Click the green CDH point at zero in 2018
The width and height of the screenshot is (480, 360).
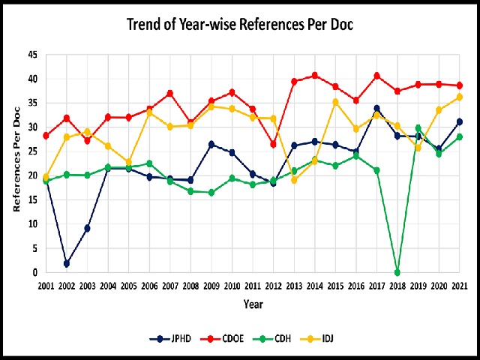(397, 272)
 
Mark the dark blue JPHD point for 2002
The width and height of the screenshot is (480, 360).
(67, 263)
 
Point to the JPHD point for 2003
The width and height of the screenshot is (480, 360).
(88, 228)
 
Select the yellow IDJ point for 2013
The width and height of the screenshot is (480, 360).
(294, 180)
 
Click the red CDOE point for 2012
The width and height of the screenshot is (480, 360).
(273, 144)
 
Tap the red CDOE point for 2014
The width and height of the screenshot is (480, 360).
(315, 75)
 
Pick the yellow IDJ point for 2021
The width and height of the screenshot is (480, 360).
(460, 97)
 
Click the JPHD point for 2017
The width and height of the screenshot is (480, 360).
(376, 108)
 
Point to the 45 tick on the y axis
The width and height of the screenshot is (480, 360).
(31, 55)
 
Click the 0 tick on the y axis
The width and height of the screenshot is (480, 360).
(34, 272)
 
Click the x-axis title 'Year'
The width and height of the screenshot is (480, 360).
(253, 304)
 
